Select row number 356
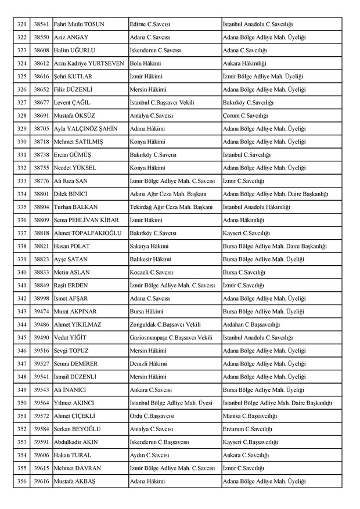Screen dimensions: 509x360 click(22, 481)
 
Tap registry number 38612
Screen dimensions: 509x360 click(41, 63)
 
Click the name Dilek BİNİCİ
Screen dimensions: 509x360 click(72, 193)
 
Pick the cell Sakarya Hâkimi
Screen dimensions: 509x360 click(150, 247)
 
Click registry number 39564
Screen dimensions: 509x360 click(41, 403)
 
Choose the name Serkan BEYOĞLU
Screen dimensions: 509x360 click(77, 429)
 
